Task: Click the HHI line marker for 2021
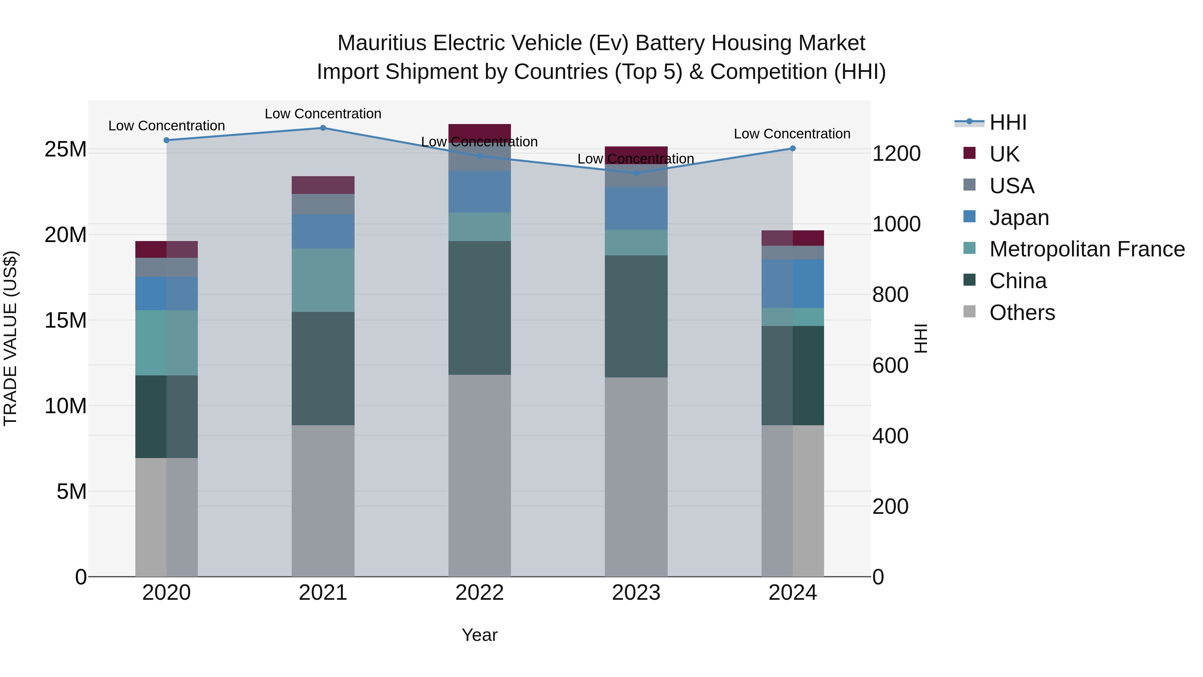pyautogui.click(x=323, y=128)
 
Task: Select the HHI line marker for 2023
pyautogui.click(x=636, y=173)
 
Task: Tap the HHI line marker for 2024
pyautogui.click(x=793, y=148)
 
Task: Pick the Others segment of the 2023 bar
pyautogui.click(x=636, y=476)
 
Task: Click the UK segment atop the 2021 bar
pyautogui.click(x=323, y=185)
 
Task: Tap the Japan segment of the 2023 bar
pyautogui.click(x=636, y=208)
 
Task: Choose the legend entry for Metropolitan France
pyautogui.click(x=1087, y=249)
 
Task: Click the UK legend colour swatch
pyautogui.click(x=969, y=153)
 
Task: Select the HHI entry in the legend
pyautogui.click(x=1008, y=122)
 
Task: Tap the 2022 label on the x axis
pyautogui.click(x=480, y=593)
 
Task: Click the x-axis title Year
pyautogui.click(x=480, y=635)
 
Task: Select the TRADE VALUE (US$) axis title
pyautogui.click(x=10, y=338)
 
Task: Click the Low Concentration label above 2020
pyautogui.click(x=167, y=126)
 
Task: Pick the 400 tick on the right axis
pyautogui.click(x=890, y=436)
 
